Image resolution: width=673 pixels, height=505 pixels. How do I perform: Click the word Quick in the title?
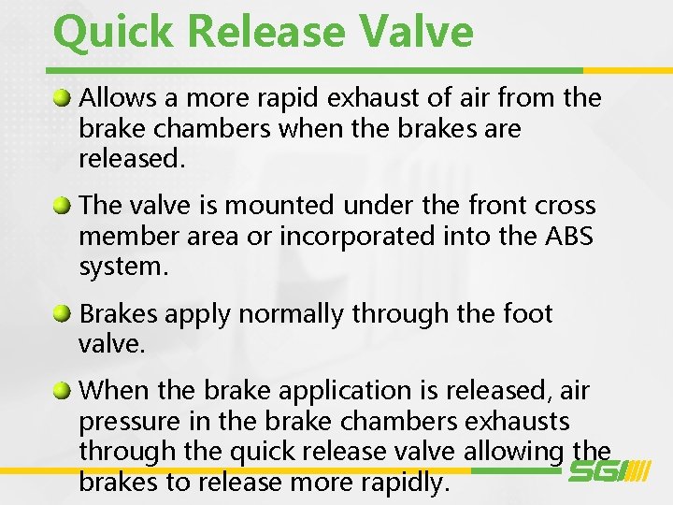click(114, 32)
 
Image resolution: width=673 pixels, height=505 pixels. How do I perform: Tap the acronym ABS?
click(568, 236)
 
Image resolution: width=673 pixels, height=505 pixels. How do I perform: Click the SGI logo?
click(609, 472)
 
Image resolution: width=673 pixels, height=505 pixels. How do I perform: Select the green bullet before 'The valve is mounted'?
click(63, 203)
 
